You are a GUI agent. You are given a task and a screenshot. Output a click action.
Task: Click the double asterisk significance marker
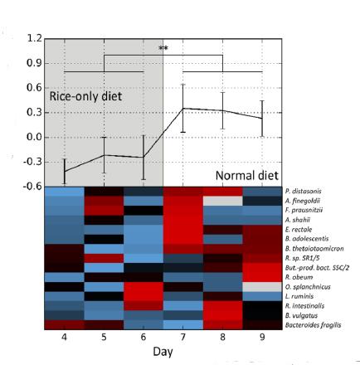click(163, 49)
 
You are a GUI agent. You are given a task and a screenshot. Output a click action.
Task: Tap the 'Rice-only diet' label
click(85, 97)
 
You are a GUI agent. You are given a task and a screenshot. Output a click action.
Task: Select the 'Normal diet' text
click(247, 176)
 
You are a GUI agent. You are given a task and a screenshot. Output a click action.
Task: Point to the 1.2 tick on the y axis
click(34, 38)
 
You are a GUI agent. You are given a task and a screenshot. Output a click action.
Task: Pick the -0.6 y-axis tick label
click(32, 187)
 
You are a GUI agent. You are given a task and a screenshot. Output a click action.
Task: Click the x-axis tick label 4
click(64, 338)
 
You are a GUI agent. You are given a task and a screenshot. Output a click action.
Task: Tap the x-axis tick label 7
click(183, 338)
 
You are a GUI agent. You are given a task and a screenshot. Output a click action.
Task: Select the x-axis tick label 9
click(262, 338)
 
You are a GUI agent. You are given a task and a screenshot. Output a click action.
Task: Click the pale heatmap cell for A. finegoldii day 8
click(223, 201)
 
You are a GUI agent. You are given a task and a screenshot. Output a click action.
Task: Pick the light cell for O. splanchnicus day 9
click(262, 286)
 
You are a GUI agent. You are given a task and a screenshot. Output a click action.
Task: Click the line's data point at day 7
click(183, 108)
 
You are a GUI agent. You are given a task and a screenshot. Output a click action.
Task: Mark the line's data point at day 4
click(64, 171)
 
